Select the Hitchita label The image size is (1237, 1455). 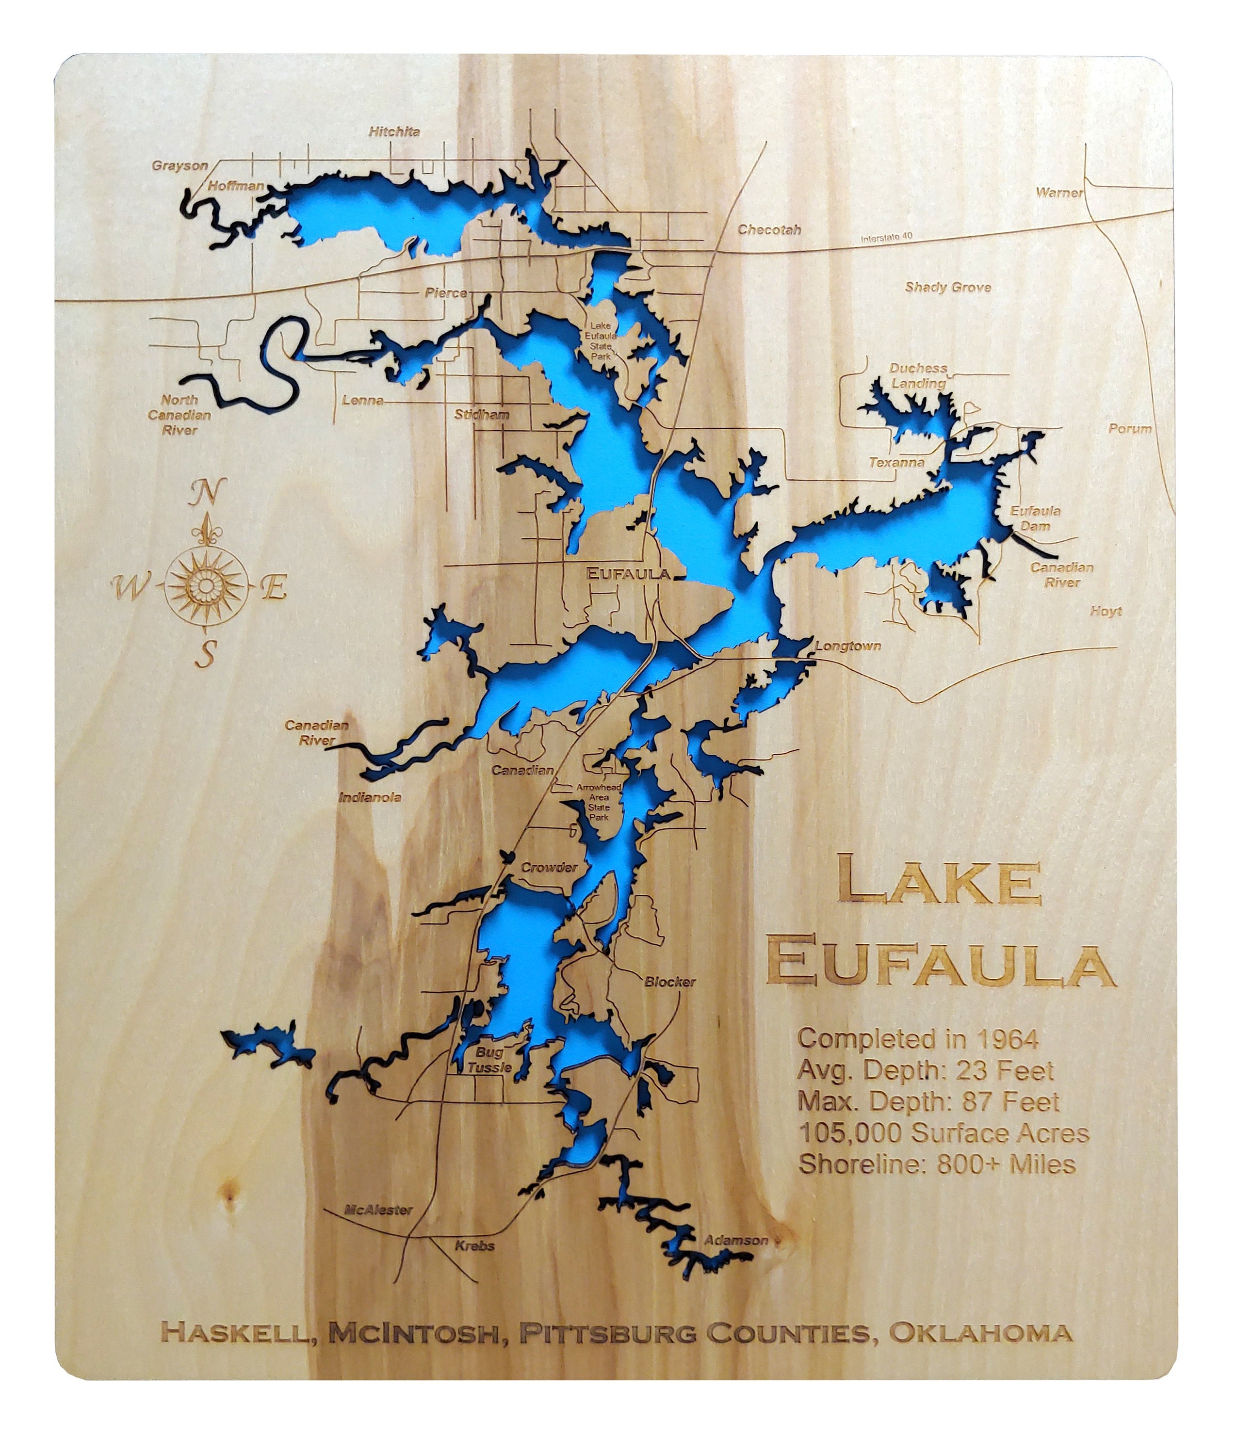point(395,131)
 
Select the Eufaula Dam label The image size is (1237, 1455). point(1035,518)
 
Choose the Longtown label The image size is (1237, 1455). point(848,646)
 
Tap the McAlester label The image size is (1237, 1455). point(379,1210)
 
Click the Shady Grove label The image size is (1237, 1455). point(947,287)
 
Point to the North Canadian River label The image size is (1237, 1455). point(179,414)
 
